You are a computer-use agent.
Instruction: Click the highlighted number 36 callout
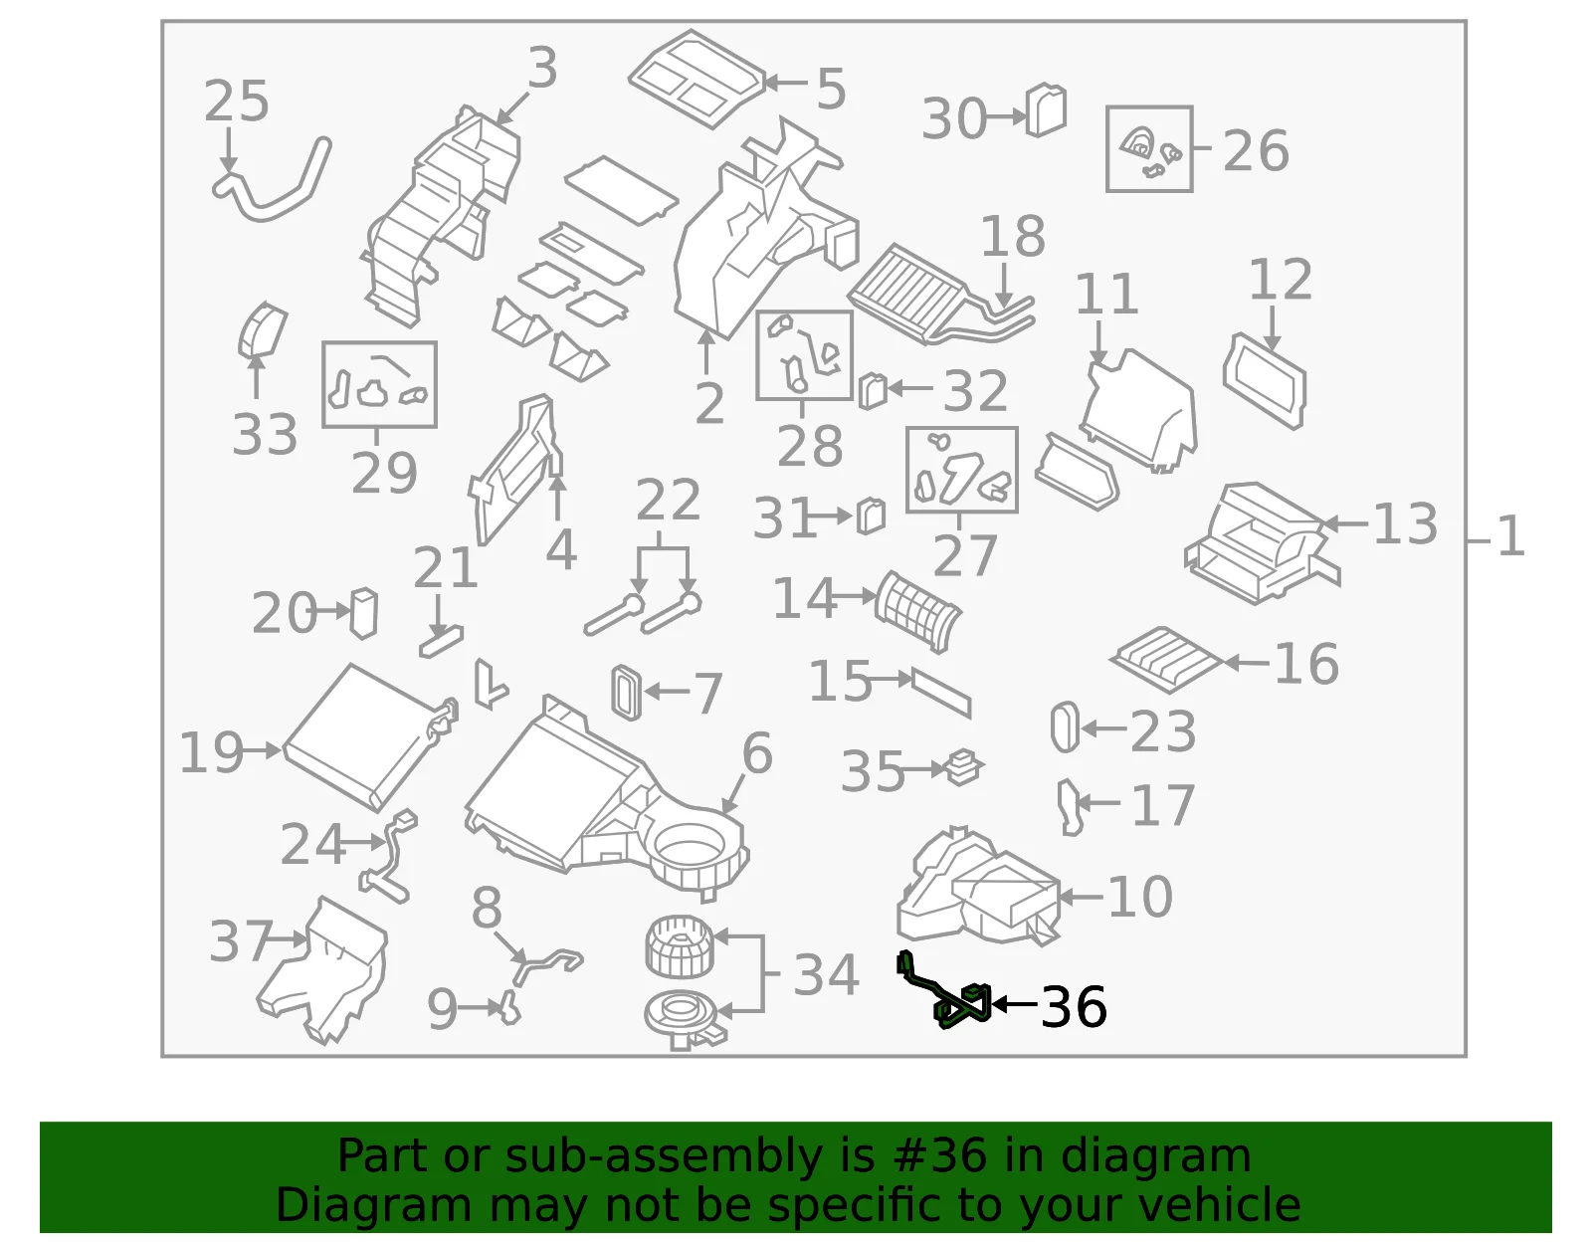coord(1074,1006)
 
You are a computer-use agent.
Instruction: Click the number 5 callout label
coord(832,89)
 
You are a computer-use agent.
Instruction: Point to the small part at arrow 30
coord(1046,110)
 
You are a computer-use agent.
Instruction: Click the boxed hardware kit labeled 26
coord(1149,148)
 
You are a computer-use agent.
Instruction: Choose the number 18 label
coord(1013,236)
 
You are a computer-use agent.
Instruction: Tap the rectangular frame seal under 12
coord(1264,380)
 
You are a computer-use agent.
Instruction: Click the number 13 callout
coord(1405,523)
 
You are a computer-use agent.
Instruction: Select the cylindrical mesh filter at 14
coord(917,610)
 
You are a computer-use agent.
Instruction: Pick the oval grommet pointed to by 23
coord(1065,727)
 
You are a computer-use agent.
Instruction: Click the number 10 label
coord(1140,897)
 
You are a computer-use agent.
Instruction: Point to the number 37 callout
coord(241,940)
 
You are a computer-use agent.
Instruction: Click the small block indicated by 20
coord(363,613)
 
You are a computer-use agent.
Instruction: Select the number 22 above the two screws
coord(668,501)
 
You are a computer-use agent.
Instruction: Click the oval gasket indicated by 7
coord(627,693)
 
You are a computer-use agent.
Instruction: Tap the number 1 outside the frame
coord(1510,536)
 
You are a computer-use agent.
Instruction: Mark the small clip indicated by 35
coord(963,767)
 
